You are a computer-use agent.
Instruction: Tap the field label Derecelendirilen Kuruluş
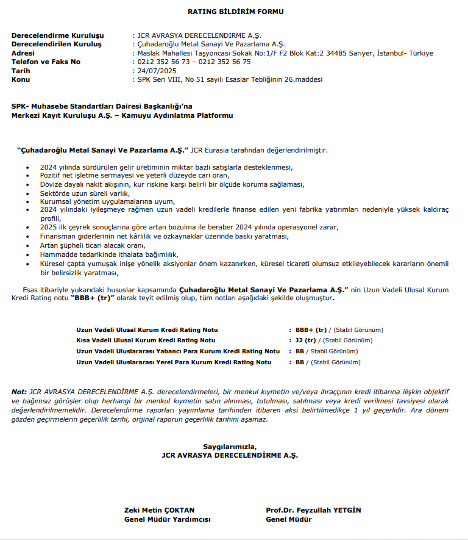click(x=57, y=45)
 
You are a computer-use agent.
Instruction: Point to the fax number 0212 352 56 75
click(x=225, y=62)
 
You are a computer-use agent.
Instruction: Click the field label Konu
click(x=21, y=79)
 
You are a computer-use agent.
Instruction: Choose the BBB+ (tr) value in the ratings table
click(x=311, y=329)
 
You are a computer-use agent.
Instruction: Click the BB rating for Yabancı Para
click(x=299, y=351)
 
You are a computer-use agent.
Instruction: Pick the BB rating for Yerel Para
click(x=299, y=362)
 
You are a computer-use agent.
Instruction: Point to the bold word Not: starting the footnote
click(x=19, y=391)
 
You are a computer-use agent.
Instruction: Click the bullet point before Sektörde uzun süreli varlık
click(x=27, y=193)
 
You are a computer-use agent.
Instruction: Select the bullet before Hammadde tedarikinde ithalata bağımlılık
click(x=27, y=254)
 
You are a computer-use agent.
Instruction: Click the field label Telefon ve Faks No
click(x=46, y=62)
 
